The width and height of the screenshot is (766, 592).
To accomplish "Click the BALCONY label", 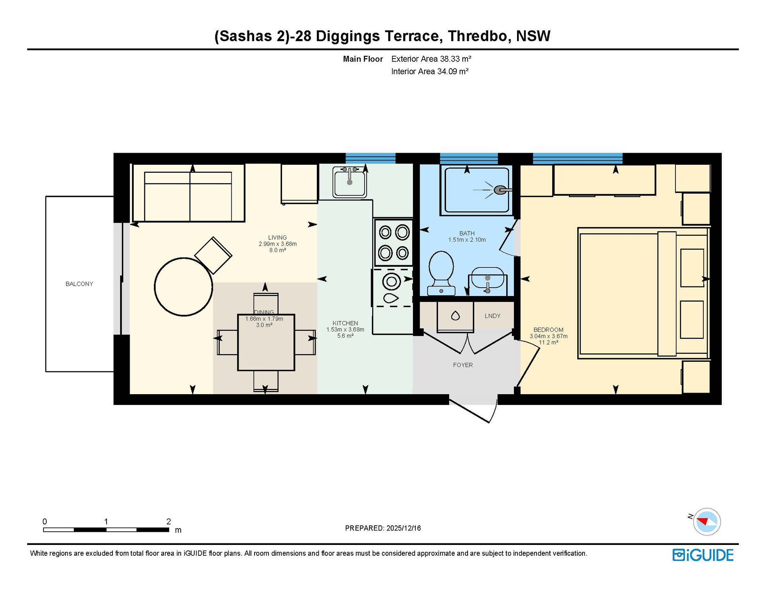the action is point(79,284).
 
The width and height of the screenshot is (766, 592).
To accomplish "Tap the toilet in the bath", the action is point(441,273).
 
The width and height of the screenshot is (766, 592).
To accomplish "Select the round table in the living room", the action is point(184,287).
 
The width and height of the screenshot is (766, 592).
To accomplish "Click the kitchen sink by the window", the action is point(349,182).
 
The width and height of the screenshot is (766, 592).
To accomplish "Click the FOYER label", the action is point(463,365).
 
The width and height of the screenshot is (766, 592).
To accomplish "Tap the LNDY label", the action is point(493,316).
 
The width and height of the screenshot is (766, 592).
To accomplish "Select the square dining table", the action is point(266,342).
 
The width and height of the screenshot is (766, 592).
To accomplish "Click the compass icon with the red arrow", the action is point(707,521).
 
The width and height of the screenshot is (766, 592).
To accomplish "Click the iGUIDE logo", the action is point(703,555).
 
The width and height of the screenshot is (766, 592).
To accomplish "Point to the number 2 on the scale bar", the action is point(169,521).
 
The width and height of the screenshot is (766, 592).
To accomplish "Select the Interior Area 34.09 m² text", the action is point(430,71).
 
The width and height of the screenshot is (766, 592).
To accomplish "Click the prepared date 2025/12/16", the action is point(404,528).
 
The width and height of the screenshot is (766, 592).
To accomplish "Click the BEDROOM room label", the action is point(549,330).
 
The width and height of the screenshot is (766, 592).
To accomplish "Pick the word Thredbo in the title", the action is point(478,36).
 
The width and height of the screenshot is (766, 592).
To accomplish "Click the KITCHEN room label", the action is point(345,323).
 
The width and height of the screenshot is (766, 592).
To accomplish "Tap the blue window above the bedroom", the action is point(578,158).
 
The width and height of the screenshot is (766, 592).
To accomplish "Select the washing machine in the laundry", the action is point(455,317).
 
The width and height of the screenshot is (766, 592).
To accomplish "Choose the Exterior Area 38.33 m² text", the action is point(431,59).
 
